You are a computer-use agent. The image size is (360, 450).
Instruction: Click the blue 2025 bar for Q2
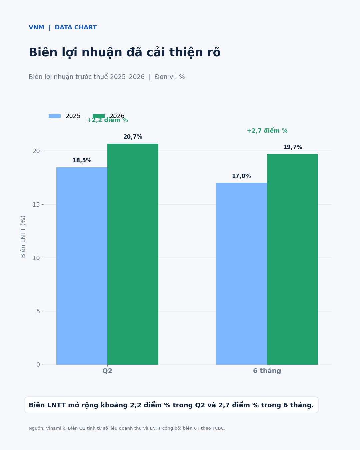point(82,266)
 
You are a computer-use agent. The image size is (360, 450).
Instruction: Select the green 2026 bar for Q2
point(133,254)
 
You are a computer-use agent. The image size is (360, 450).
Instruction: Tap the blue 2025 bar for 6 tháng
point(241,274)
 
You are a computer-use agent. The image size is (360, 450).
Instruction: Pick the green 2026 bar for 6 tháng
point(292,260)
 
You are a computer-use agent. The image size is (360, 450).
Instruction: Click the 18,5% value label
point(82,161)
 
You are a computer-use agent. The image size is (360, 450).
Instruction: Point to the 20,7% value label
point(133,137)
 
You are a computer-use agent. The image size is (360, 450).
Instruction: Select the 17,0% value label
point(241,176)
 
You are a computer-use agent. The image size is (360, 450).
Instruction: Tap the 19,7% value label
point(293,147)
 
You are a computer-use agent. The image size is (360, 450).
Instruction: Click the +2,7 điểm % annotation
point(267,131)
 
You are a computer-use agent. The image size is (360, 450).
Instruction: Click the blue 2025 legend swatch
point(55,116)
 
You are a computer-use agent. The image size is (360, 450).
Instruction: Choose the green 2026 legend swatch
point(99,116)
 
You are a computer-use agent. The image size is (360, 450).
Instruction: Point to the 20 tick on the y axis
point(36,151)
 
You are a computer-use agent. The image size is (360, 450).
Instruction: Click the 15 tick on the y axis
point(36,205)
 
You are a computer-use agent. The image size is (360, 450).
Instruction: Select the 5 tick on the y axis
point(38,311)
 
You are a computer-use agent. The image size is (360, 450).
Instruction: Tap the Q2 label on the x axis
point(107,371)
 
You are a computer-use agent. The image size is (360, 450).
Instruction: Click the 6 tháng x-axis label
point(267,371)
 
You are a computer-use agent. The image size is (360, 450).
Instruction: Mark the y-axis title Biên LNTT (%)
point(23,237)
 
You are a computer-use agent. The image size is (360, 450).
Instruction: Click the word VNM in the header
point(36,27)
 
